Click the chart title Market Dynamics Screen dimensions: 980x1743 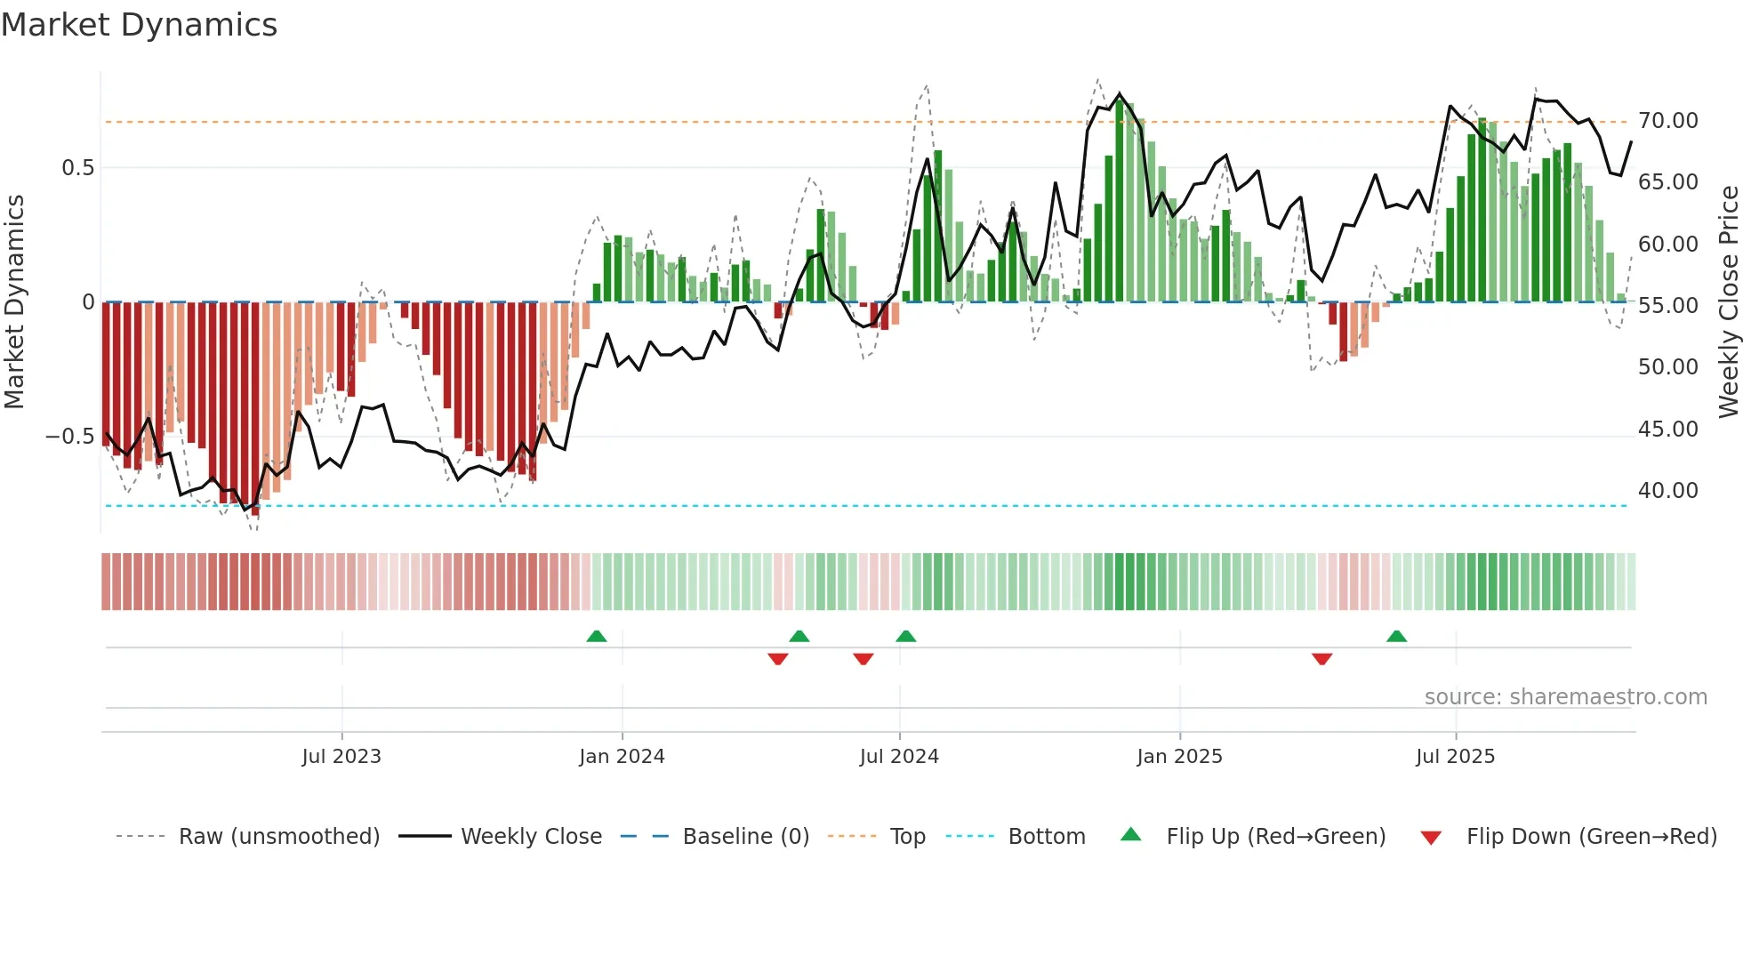pos(139,25)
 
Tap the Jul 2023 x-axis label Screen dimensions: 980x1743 pos(341,757)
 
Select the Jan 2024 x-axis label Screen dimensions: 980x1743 pos(622,757)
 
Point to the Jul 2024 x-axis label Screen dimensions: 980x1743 pos(899,757)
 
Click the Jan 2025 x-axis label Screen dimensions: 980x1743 pos(1179,757)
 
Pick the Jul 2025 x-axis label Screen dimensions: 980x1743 pos(1455,757)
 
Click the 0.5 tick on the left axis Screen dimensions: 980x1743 pos(77,168)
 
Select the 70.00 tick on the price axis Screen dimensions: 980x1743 pos(1668,121)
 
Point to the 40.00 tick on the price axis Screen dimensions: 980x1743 pos(1668,491)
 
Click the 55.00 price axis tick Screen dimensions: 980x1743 pos(1668,306)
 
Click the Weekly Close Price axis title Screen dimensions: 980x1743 pos(1728,302)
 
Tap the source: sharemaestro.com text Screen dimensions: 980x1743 pos(1565,697)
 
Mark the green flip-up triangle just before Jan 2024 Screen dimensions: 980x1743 pos(597,637)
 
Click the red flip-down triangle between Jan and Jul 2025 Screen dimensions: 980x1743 pos(1321,659)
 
